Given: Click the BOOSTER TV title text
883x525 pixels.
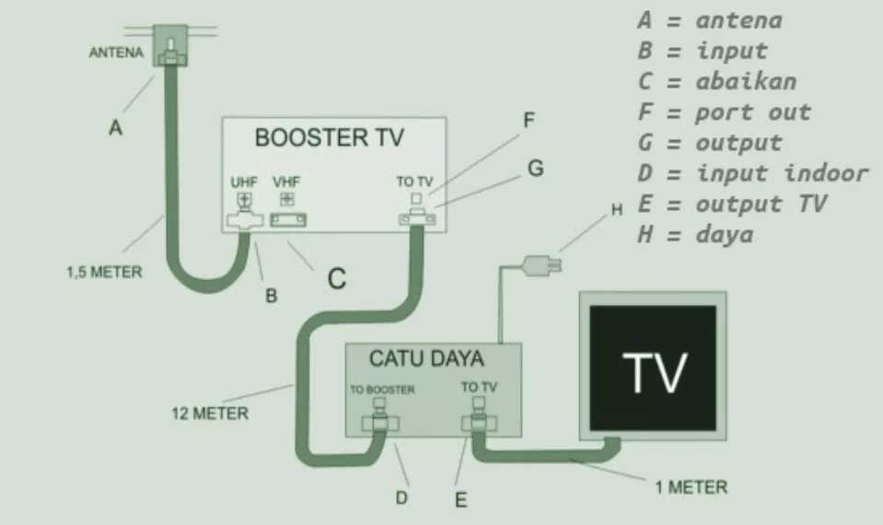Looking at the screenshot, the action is [x=330, y=137].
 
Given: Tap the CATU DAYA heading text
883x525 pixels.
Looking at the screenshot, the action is [x=426, y=359].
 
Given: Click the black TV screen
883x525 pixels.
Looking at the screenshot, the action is [x=653, y=367].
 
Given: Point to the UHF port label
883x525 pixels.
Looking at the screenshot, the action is [x=244, y=182].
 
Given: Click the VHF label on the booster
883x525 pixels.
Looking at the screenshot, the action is [x=286, y=182].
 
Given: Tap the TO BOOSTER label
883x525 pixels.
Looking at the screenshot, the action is [x=382, y=390].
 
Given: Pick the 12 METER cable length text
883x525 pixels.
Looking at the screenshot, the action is [x=210, y=414].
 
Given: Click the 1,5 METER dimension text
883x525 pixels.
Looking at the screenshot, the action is [x=104, y=272].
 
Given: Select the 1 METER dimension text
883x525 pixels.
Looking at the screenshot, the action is [x=691, y=486].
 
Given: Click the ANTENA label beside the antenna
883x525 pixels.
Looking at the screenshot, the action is [x=116, y=52].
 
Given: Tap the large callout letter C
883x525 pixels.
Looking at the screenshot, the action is [x=337, y=278].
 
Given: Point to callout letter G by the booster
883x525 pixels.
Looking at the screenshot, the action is [x=536, y=168].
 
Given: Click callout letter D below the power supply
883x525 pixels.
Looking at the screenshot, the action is [x=401, y=498].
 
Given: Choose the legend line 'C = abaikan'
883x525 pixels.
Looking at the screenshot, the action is [x=717, y=82].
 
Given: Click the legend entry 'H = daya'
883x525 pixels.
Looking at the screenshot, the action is [x=695, y=234].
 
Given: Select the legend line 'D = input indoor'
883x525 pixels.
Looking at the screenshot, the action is [x=753, y=173].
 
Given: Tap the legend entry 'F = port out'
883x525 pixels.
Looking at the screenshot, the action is [x=725, y=112].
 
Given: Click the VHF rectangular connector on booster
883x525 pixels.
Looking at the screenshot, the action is [x=288, y=220].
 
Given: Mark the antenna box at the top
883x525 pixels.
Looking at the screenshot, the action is [x=170, y=45].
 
